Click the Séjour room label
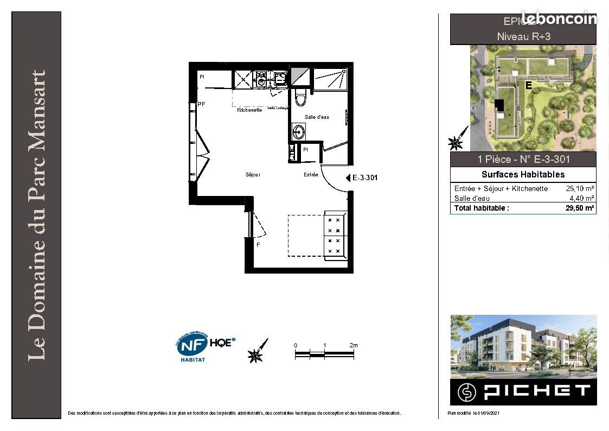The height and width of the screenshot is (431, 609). pyautogui.click(x=253, y=175)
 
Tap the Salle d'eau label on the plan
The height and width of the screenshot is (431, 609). pyautogui.click(x=317, y=117)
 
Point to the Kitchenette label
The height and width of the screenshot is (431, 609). pyautogui.click(x=249, y=110)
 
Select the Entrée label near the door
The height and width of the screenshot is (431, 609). pyautogui.click(x=311, y=175)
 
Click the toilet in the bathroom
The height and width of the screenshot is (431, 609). pyautogui.click(x=300, y=98)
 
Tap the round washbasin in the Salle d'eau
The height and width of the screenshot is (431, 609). pyautogui.click(x=298, y=131)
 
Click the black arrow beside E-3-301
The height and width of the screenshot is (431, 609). pyautogui.click(x=348, y=178)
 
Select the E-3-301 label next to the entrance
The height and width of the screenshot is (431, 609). pyautogui.click(x=365, y=178)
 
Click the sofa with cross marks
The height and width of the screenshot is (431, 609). pyautogui.click(x=333, y=234)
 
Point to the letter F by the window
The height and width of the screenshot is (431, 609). pyautogui.click(x=258, y=245)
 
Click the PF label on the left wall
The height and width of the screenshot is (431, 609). pyautogui.click(x=201, y=104)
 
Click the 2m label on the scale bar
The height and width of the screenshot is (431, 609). pyautogui.click(x=354, y=345)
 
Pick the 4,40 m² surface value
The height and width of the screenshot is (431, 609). pyautogui.click(x=582, y=198)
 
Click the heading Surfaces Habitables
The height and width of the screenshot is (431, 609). pyautogui.click(x=523, y=174)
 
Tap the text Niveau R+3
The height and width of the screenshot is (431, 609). pyautogui.click(x=523, y=37)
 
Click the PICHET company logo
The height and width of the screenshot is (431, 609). pyautogui.click(x=523, y=391)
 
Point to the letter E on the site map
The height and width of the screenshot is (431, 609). pyautogui.click(x=528, y=86)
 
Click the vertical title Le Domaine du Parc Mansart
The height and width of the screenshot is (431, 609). pyautogui.click(x=36, y=215)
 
